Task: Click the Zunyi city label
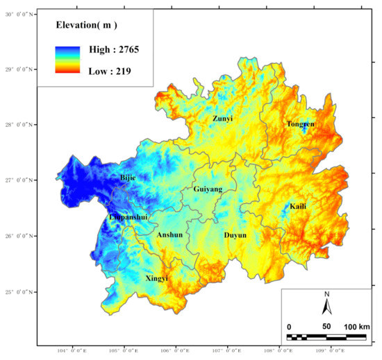222,119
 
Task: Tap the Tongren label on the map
300,124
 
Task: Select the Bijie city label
128,178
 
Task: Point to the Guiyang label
208,189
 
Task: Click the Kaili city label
298,207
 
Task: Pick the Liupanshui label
128,217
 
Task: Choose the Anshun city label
169,234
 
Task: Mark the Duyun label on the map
235,235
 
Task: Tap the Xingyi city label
156,277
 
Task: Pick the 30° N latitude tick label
19,14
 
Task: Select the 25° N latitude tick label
19,292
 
